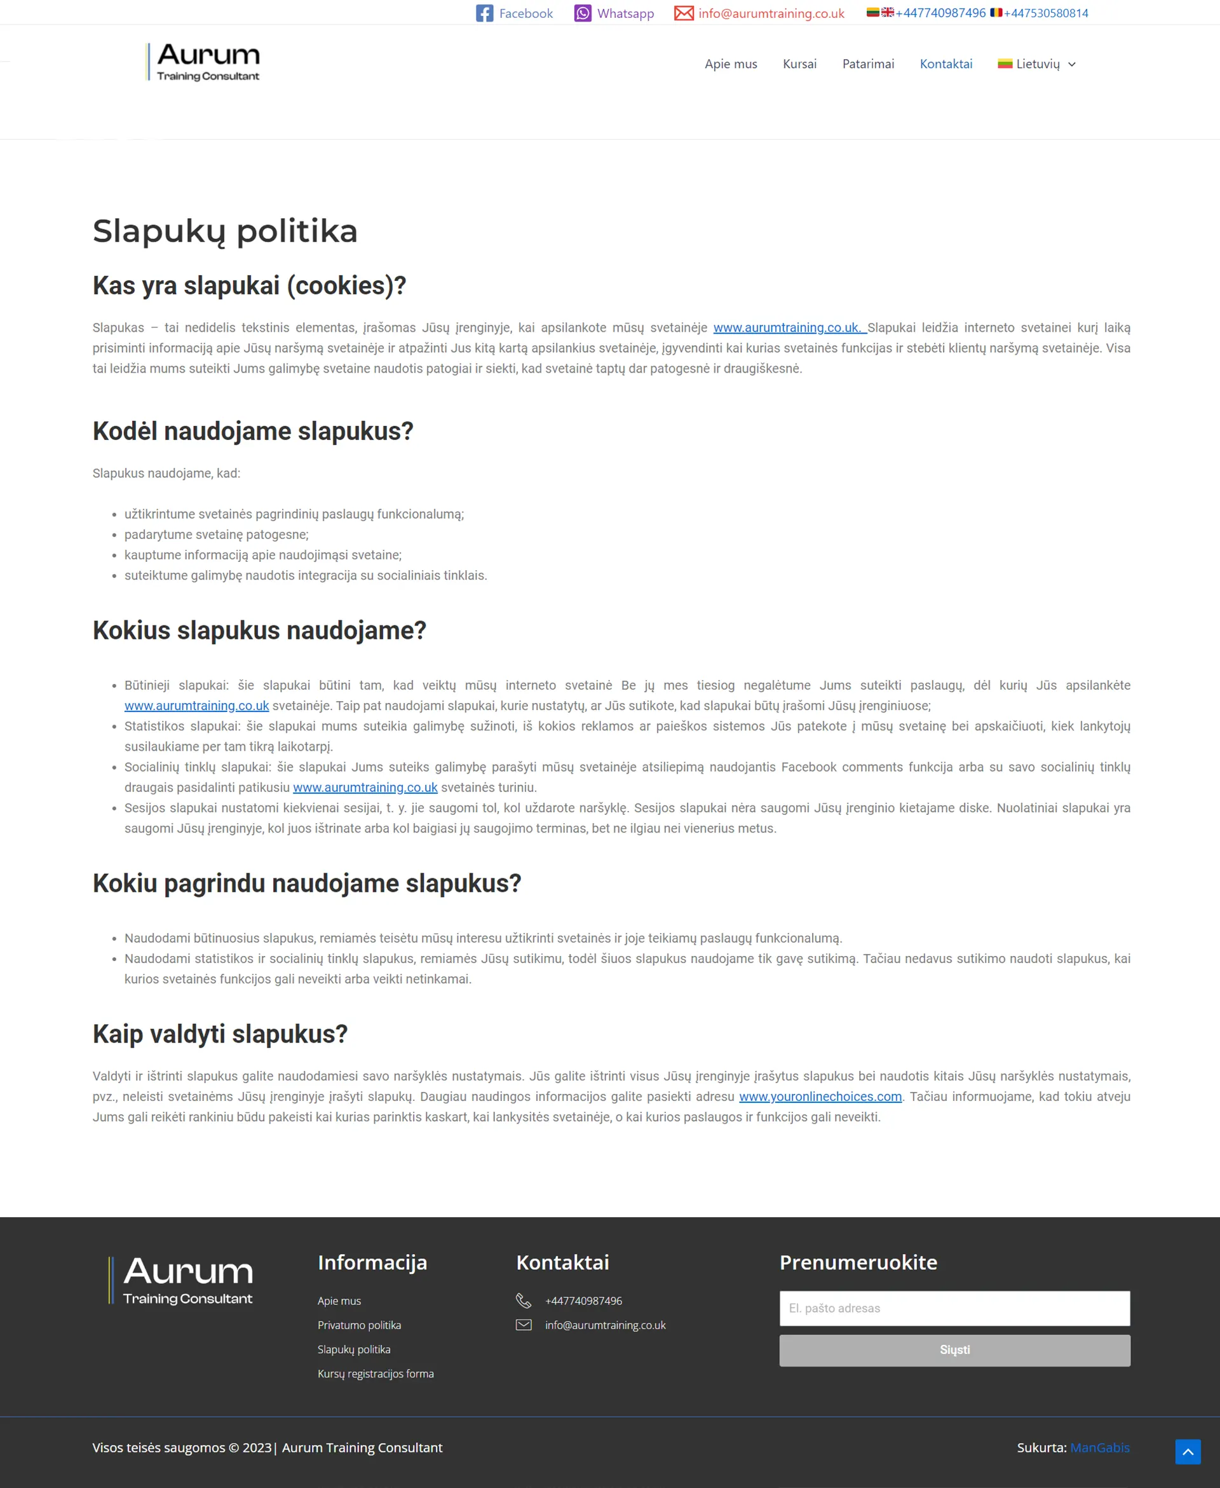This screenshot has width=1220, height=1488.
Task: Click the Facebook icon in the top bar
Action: pyautogui.click(x=484, y=13)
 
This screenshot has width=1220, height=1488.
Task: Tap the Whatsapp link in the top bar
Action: pyautogui.click(x=624, y=13)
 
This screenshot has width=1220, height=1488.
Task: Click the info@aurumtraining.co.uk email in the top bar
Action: pyautogui.click(x=771, y=13)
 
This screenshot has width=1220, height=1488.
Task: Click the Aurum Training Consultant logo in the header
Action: pyautogui.click(x=203, y=62)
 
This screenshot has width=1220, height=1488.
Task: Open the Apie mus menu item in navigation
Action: pyautogui.click(x=730, y=64)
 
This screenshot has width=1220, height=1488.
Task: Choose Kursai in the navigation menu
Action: pyautogui.click(x=799, y=64)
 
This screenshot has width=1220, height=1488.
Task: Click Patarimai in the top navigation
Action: pyautogui.click(x=868, y=64)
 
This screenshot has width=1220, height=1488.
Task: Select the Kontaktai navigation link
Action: pyautogui.click(x=946, y=64)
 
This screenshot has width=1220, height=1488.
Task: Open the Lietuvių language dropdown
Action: pyautogui.click(x=1036, y=64)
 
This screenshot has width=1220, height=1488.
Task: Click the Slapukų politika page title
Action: pyautogui.click(x=225, y=231)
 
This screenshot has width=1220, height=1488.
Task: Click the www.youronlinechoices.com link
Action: pyautogui.click(x=820, y=1096)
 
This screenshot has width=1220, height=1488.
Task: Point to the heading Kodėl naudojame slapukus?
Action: pyautogui.click(x=253, y=431)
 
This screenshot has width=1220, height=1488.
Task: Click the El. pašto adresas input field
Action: pyautogui.click(x=954, y=1308)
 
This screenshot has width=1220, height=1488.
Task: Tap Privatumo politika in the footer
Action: pyautogui.click(x=359, y=1325)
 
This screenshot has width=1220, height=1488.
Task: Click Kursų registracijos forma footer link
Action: pyautogui.click(x=376, y=1374)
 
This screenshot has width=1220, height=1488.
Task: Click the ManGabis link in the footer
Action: pyautogui.click(x=1099, y=1447)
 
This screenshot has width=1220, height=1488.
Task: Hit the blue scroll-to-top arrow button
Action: pyautogui.click(x=1188, y=1451)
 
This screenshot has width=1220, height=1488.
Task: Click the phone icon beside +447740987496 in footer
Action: pyautogui.click(x=524, y=1300)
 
